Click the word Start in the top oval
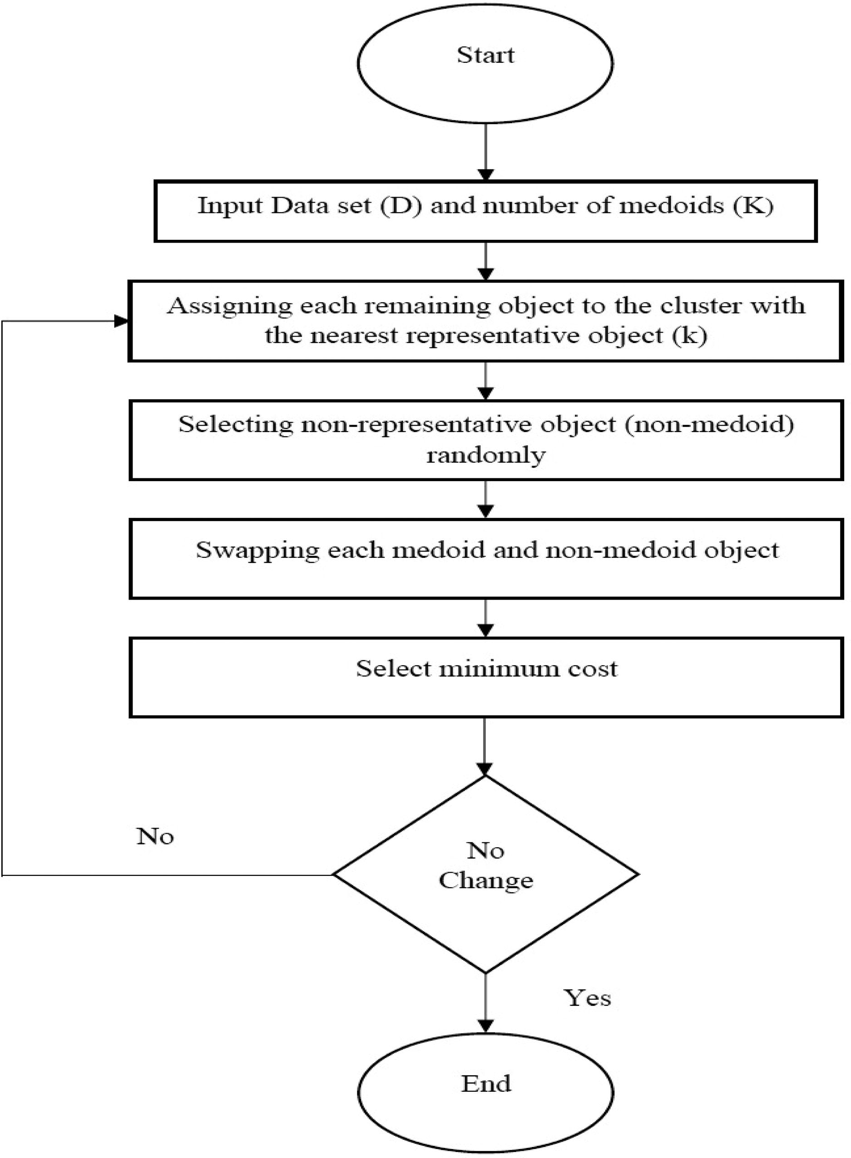(485, 55)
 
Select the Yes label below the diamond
(587, 998)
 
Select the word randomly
(486, 456)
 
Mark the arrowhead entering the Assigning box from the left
(122, 322)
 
